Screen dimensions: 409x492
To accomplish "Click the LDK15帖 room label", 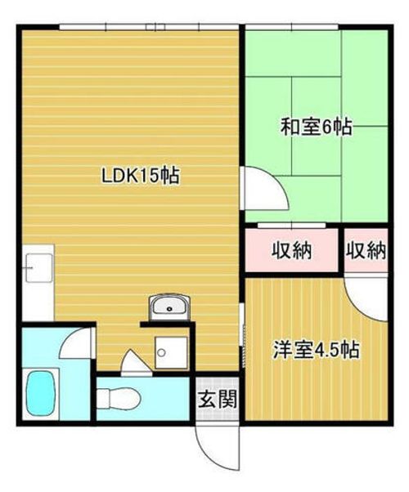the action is point(140,176).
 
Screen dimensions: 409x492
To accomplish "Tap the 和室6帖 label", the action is point(316,127).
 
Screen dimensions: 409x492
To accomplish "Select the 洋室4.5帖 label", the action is point(316,350).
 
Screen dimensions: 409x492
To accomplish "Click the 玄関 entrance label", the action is point(218,399).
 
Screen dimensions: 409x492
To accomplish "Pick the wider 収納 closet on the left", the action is point(291,250).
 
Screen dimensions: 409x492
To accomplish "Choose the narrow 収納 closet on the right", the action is point(366,250).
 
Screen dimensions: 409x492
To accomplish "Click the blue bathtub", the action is point(41,393).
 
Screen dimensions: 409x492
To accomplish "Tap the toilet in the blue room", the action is point(118,399).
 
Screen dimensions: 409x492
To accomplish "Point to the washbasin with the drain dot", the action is point(169,307).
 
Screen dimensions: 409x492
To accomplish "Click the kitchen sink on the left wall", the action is point(38,267).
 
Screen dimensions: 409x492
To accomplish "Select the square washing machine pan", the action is point(172,353).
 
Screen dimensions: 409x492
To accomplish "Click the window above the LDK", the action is point(150,27).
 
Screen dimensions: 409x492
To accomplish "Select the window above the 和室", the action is point(291,27).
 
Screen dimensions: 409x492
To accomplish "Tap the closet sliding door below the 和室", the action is point(292,226).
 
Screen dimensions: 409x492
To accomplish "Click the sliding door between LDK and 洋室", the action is point(242,335).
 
